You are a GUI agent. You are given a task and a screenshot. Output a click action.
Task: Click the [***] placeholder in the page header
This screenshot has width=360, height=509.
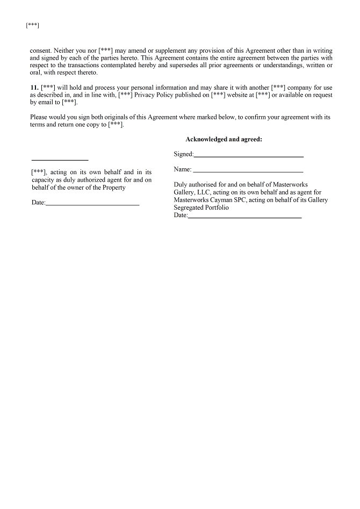pos(32,25)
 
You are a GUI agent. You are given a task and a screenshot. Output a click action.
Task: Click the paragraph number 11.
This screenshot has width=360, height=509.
pos(34,88)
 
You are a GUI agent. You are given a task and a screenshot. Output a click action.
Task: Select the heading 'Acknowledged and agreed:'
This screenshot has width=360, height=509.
pos(224,139)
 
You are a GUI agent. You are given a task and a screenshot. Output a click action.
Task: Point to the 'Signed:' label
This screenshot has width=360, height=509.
pos(183,154)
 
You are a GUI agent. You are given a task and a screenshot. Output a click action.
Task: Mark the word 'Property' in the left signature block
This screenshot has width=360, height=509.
pos(114,188)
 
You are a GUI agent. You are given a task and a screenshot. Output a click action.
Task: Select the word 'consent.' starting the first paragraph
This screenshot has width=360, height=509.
pos(41,50)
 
